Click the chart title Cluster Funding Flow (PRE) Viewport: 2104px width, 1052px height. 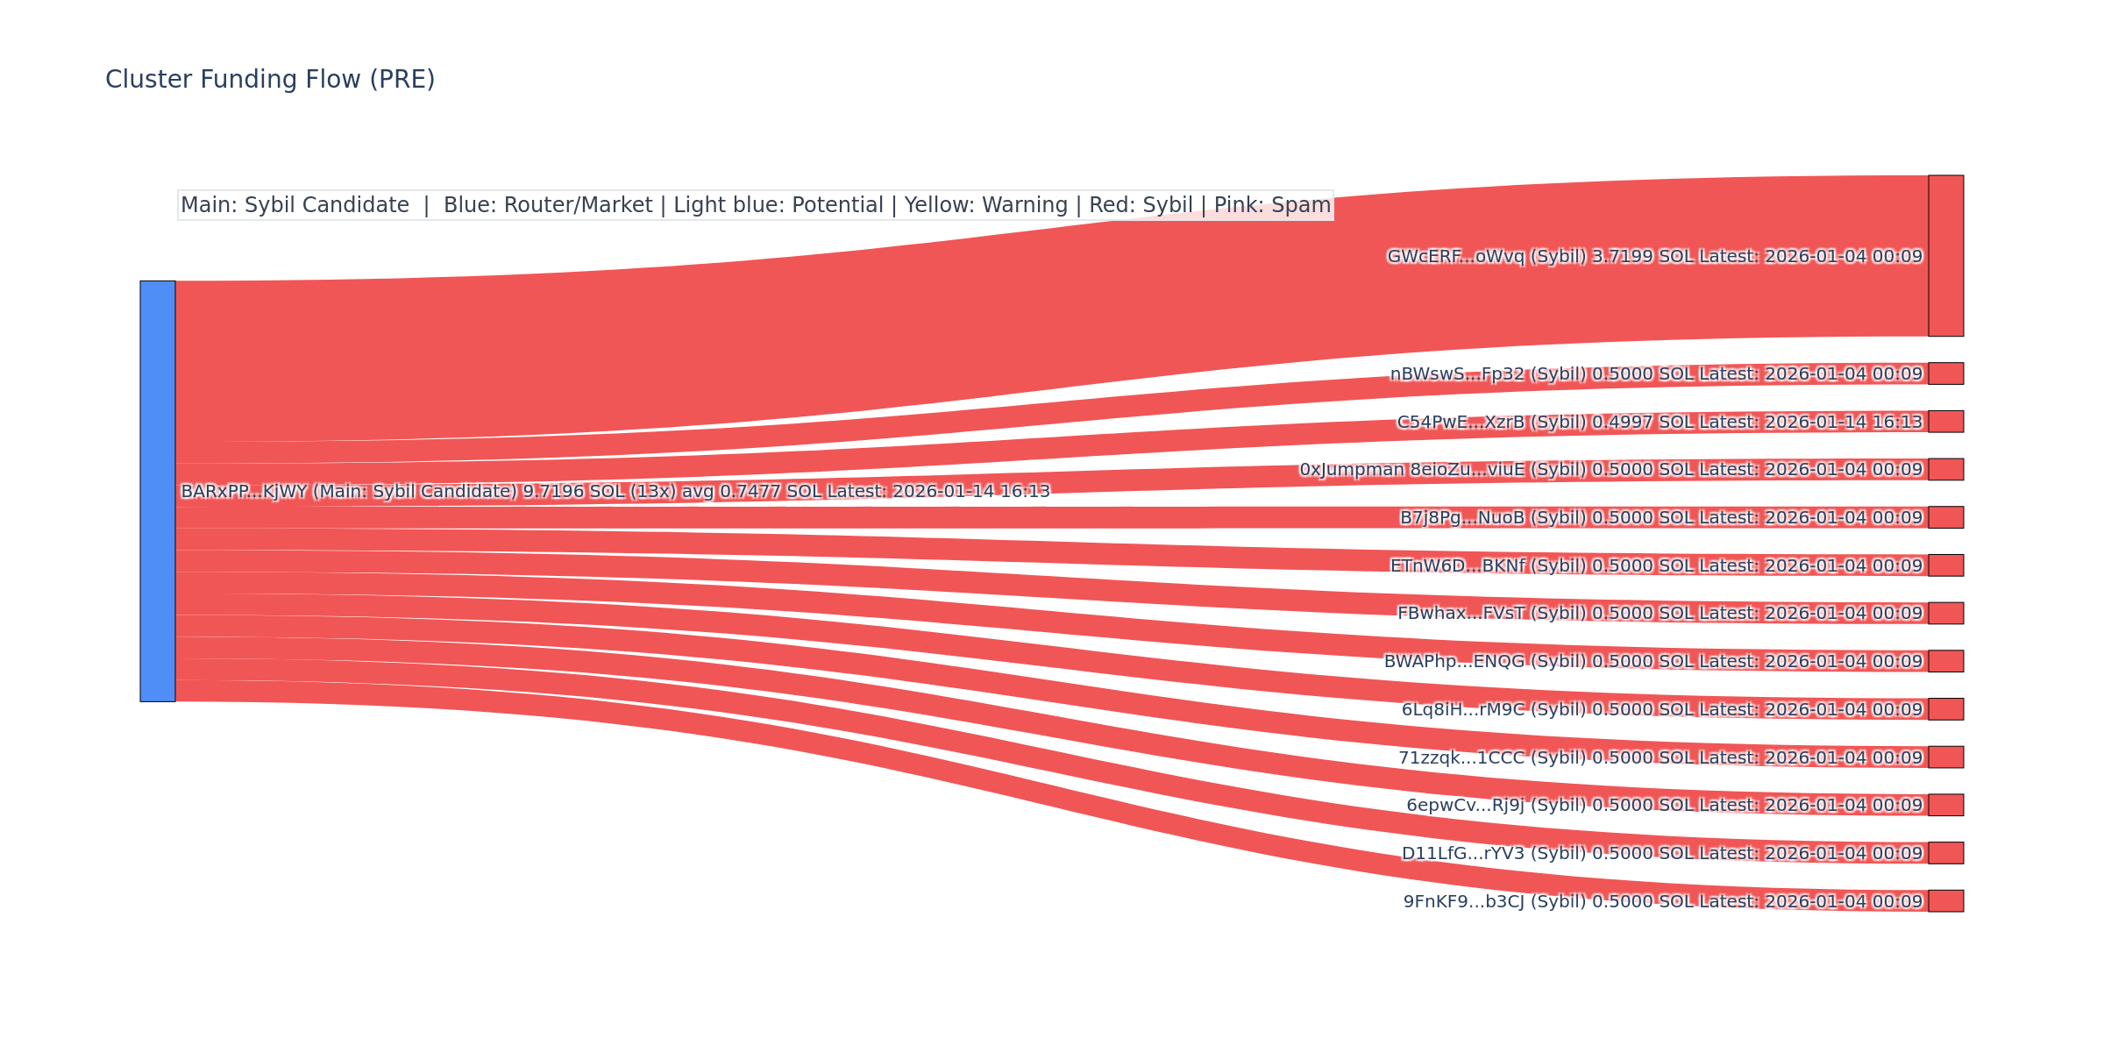pos(270,80)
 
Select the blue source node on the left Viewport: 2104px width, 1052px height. pos(158,491)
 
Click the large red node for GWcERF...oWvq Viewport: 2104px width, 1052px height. pos(1945,256)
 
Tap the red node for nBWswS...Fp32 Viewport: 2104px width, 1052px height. pos(1945,373)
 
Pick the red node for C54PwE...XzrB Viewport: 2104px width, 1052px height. pos(1945,422)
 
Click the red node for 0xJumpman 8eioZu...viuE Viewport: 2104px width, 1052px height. pos(1945,469)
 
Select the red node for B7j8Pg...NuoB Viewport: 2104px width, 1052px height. pos(1945,517)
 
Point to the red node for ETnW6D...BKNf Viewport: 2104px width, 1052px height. pos(1945,565)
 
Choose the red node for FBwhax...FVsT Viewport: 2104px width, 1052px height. pos(1945,613)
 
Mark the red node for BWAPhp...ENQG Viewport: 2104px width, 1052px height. pos(1945,661)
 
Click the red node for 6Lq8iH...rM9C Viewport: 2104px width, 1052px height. pos(1945,709)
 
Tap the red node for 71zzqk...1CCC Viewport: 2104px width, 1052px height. pos(1945,757)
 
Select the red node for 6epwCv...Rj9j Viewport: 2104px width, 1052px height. pos(1945,805)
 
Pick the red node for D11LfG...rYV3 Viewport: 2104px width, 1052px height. pos(1945,853)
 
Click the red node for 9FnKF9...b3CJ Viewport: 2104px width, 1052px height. pos(1945,900)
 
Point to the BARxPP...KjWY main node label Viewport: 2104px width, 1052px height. pos(614,492)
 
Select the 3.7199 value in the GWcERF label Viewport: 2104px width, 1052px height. pos(1622,257)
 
